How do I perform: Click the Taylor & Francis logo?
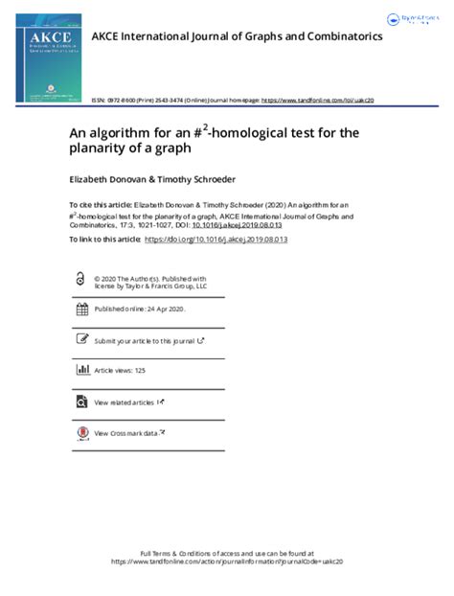point(414,19)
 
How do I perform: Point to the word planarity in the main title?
point(100,149)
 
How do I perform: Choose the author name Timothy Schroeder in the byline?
point(193,178)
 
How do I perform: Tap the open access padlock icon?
point(81,280)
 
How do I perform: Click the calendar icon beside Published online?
point(81,309)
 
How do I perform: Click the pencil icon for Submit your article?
point(81,339)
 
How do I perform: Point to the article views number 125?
point(140,370)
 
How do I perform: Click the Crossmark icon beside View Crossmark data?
point(81,432)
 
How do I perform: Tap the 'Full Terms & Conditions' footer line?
point(226,554)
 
